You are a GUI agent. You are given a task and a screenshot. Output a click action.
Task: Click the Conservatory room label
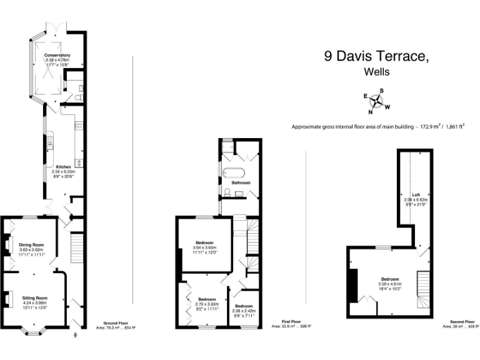tap(57, 56)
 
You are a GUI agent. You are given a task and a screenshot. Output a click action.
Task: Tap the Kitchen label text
tap(62, 167)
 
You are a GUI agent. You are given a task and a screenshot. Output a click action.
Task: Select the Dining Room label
tap(31, 244)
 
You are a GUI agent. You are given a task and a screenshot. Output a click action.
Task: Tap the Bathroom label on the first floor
tap(241, 182)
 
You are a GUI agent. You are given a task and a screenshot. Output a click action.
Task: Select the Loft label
tap(416, 194)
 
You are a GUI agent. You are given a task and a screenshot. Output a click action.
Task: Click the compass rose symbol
tap(377, 101)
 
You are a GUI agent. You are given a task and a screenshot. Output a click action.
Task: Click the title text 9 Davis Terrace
tap(376, 56)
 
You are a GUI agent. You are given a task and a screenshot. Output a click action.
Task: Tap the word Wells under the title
tap(376, 72)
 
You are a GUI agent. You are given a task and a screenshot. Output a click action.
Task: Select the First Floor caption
tap(291, 322)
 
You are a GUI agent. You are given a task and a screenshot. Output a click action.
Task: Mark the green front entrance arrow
tap(76, 335)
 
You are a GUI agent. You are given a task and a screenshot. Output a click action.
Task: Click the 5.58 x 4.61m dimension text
tap(389, 284)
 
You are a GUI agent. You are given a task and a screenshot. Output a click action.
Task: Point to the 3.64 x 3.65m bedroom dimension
tap(205, 247)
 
